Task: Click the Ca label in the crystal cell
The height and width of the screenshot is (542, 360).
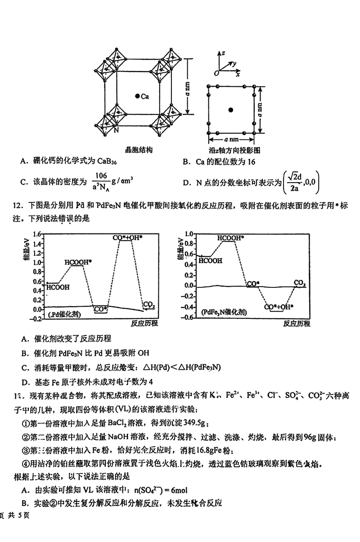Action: (144, 96)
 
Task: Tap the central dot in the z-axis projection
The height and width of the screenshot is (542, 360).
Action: (231, 109)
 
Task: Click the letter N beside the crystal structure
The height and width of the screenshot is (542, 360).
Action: (117, 130)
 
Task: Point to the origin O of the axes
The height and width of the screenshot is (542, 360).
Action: (216, 73)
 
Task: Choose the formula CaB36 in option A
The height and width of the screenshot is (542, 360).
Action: (110, 161)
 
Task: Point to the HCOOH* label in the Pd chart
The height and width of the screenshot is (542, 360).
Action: (78, 261)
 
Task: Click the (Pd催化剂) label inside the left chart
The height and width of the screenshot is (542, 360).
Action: (65, 315)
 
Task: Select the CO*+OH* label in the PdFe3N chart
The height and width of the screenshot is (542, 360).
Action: (279, 307)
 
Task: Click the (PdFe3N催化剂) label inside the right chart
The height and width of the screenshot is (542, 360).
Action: (224, 312)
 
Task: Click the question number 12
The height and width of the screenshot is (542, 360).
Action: (18, 206)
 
